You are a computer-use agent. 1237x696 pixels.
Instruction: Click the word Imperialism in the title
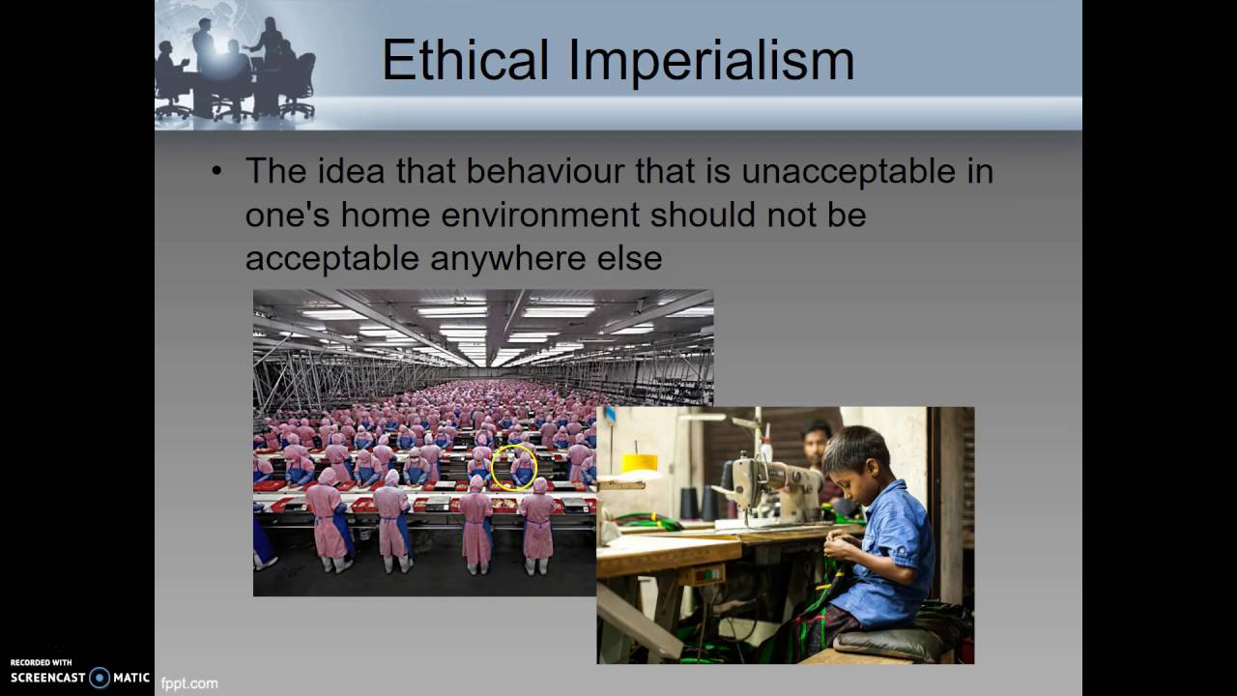(x=711, y=60)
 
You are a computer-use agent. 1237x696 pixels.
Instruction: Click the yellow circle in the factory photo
(x=514, y=467)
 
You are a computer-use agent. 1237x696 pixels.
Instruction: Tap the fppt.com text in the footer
(x=189, y=683)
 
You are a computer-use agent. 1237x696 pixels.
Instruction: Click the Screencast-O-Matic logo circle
(x=100, y=678)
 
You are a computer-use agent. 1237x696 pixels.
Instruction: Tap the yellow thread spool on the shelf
(x=639, y=463)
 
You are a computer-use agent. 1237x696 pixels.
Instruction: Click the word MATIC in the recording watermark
(x=131, y=678)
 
